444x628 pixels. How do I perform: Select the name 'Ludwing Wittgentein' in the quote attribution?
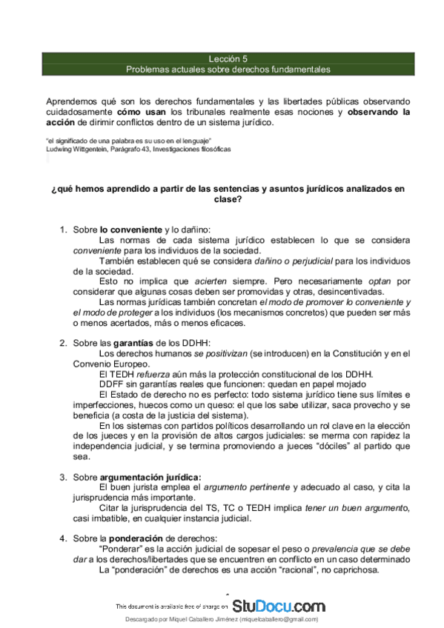(78, 149)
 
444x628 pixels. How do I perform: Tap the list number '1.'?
(64, 230)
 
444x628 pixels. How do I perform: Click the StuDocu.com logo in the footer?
(279, 605)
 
